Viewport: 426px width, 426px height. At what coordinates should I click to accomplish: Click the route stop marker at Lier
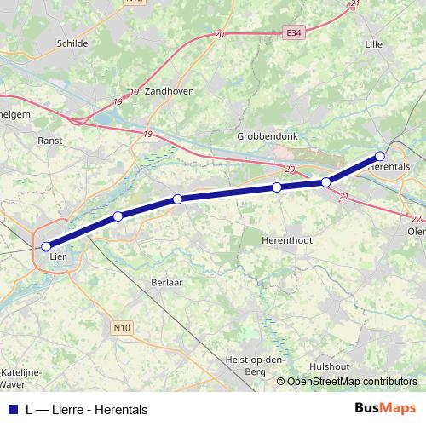46,247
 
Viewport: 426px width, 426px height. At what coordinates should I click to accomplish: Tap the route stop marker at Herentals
380,156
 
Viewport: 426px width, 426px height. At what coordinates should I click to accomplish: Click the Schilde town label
72,42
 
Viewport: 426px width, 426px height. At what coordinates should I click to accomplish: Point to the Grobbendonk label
265,135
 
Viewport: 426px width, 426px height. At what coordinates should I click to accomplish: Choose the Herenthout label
288,240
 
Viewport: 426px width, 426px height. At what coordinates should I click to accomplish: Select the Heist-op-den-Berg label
255,365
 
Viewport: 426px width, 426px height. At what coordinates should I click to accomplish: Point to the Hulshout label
330,366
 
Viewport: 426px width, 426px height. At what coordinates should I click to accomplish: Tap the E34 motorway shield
294,32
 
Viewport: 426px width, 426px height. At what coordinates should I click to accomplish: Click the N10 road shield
121,326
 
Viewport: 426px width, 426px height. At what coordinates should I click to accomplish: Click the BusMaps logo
385,409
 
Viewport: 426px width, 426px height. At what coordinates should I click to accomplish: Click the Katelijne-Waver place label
25,377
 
